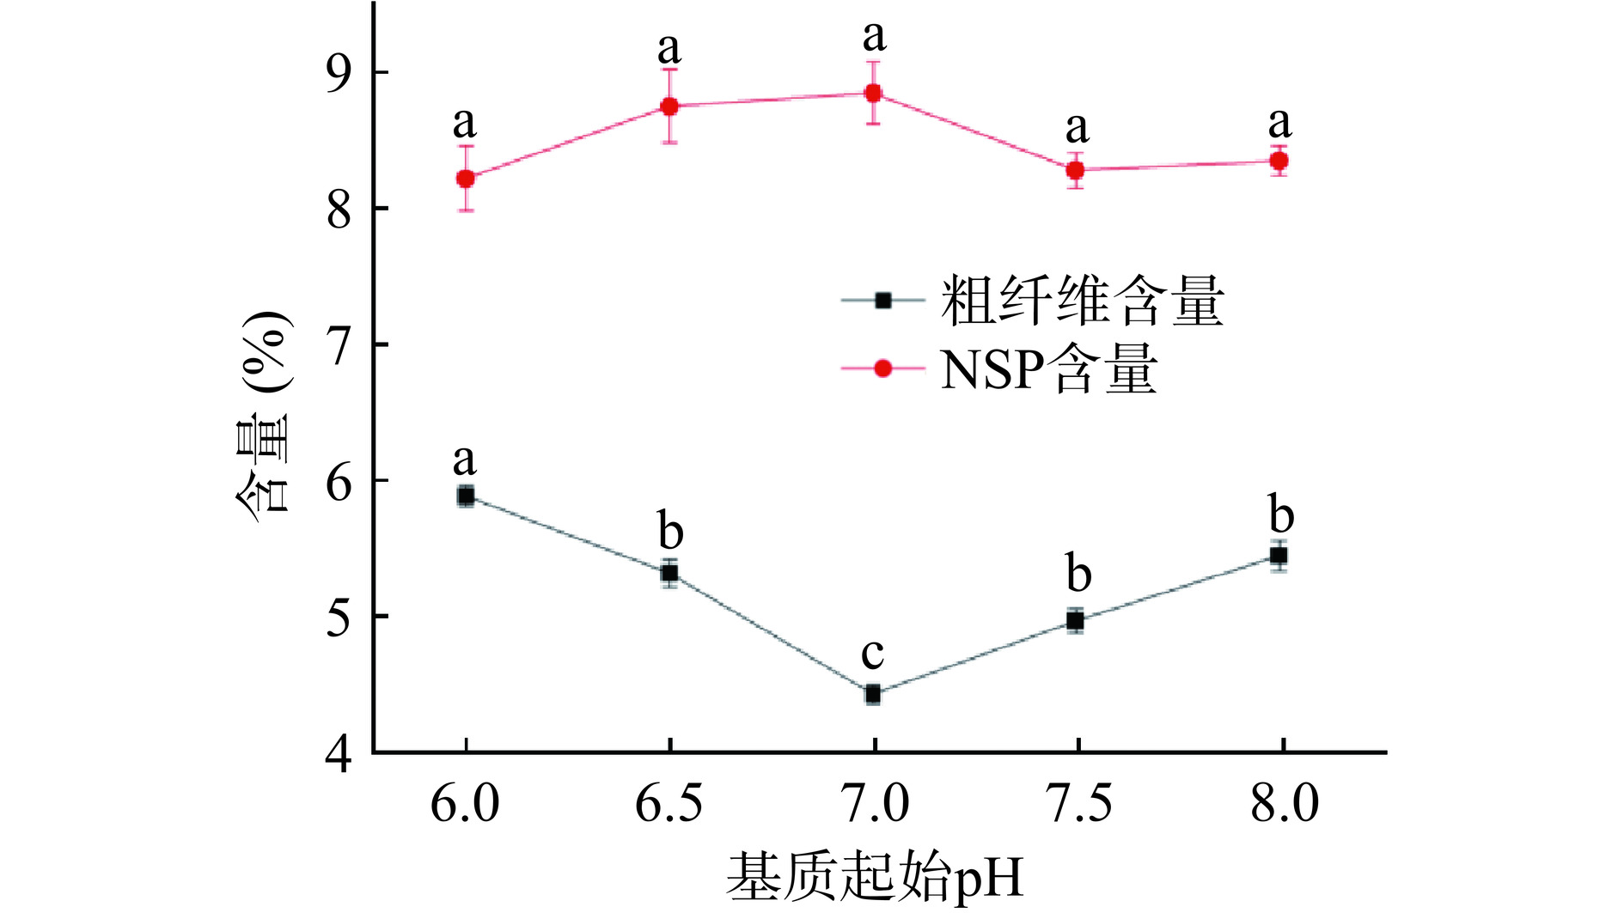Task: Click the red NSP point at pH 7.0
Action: (873, 93)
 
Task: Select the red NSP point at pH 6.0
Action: (466, 179)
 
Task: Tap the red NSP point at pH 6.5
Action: (669, 107)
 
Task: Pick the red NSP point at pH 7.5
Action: (1076, 170)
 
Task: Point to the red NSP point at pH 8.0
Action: (1279, 161)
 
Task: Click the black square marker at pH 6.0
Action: (466, 496)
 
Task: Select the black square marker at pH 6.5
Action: (669, 573)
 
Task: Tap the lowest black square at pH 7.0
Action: (873, 694)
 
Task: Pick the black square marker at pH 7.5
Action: (1076, 620)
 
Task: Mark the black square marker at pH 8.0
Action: (1279, 556)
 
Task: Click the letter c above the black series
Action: (872, 654)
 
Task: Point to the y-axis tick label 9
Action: (339, 73)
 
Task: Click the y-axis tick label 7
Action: (339, 345)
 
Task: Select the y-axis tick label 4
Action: (339, 754)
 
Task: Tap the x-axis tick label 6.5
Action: (669, 806)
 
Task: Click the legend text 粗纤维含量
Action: (1083, 301)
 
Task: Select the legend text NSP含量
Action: (1048, 369)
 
